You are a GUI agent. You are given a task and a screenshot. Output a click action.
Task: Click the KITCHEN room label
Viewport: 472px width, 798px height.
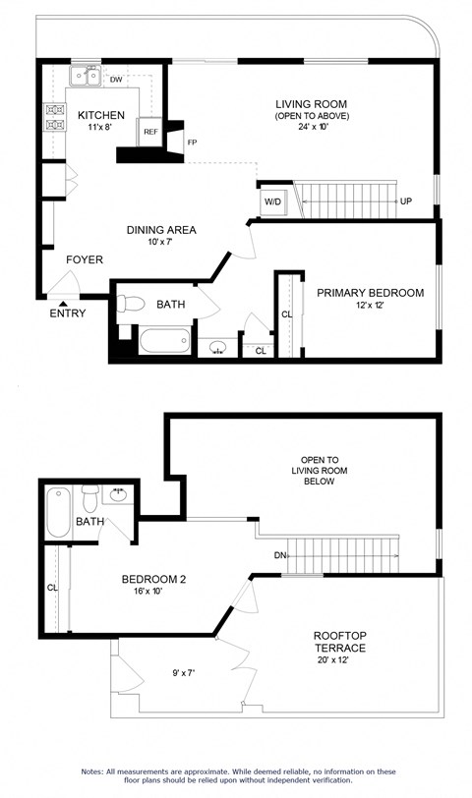101,114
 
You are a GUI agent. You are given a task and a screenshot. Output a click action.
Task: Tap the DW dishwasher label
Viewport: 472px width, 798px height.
116,80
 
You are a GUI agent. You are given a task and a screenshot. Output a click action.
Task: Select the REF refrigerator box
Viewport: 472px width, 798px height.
150,132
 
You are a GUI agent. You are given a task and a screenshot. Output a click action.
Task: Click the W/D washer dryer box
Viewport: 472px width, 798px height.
271,202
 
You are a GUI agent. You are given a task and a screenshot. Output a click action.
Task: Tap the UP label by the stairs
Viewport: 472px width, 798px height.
405,201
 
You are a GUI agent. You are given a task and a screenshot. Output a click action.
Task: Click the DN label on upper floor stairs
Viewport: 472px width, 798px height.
280,555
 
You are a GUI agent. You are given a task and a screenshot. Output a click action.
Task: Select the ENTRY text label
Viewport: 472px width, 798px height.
68,313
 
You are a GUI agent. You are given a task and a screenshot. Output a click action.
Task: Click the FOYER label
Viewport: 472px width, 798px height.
84,259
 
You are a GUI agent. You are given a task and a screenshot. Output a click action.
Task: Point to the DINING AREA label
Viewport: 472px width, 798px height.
161,230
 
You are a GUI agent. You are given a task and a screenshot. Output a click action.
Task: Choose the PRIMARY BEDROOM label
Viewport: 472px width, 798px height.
370,293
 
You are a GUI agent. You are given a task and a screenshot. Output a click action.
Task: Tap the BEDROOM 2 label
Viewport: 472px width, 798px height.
153,579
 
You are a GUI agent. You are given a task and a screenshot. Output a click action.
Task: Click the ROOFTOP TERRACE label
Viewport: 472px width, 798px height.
340,642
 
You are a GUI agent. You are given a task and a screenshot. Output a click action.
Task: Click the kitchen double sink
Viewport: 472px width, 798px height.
83,77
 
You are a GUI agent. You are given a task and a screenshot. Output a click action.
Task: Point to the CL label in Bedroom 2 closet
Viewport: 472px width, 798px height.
51,588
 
